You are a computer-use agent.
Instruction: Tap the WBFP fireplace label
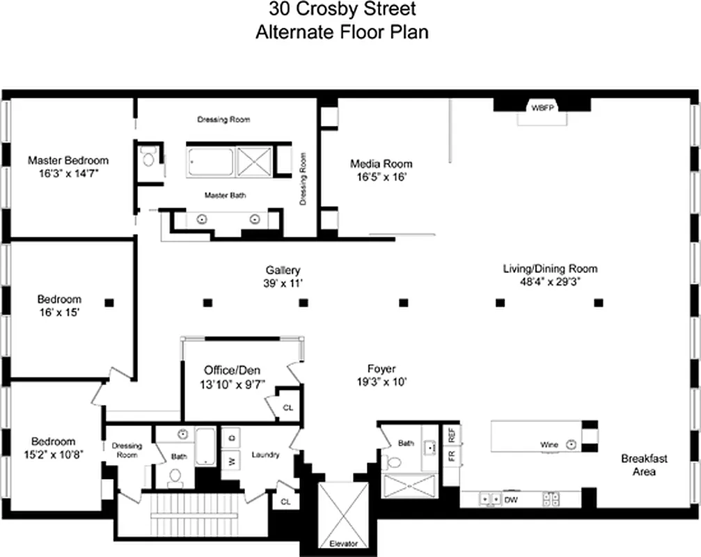tap(541, 108)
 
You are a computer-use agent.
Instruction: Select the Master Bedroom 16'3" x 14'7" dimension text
tap(68, 174)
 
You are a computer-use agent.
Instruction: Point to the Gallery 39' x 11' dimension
tap(283, 283)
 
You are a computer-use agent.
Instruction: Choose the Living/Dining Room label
tap(550, 268)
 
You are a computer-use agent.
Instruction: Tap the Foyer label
tap(381, 368)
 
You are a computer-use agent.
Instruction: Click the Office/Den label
tap(233, 370)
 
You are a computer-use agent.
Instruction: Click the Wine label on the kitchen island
tap(549, 444)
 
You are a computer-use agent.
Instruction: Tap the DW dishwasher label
tap(511, 499)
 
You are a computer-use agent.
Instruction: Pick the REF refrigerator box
tap(452, 434)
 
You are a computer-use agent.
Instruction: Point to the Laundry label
tap(265, 455)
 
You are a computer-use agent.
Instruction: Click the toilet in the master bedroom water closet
tap(148, 158)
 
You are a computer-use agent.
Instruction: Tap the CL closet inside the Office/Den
tap(288, 407)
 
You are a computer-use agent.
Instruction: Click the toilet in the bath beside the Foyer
tap(395, 461)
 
